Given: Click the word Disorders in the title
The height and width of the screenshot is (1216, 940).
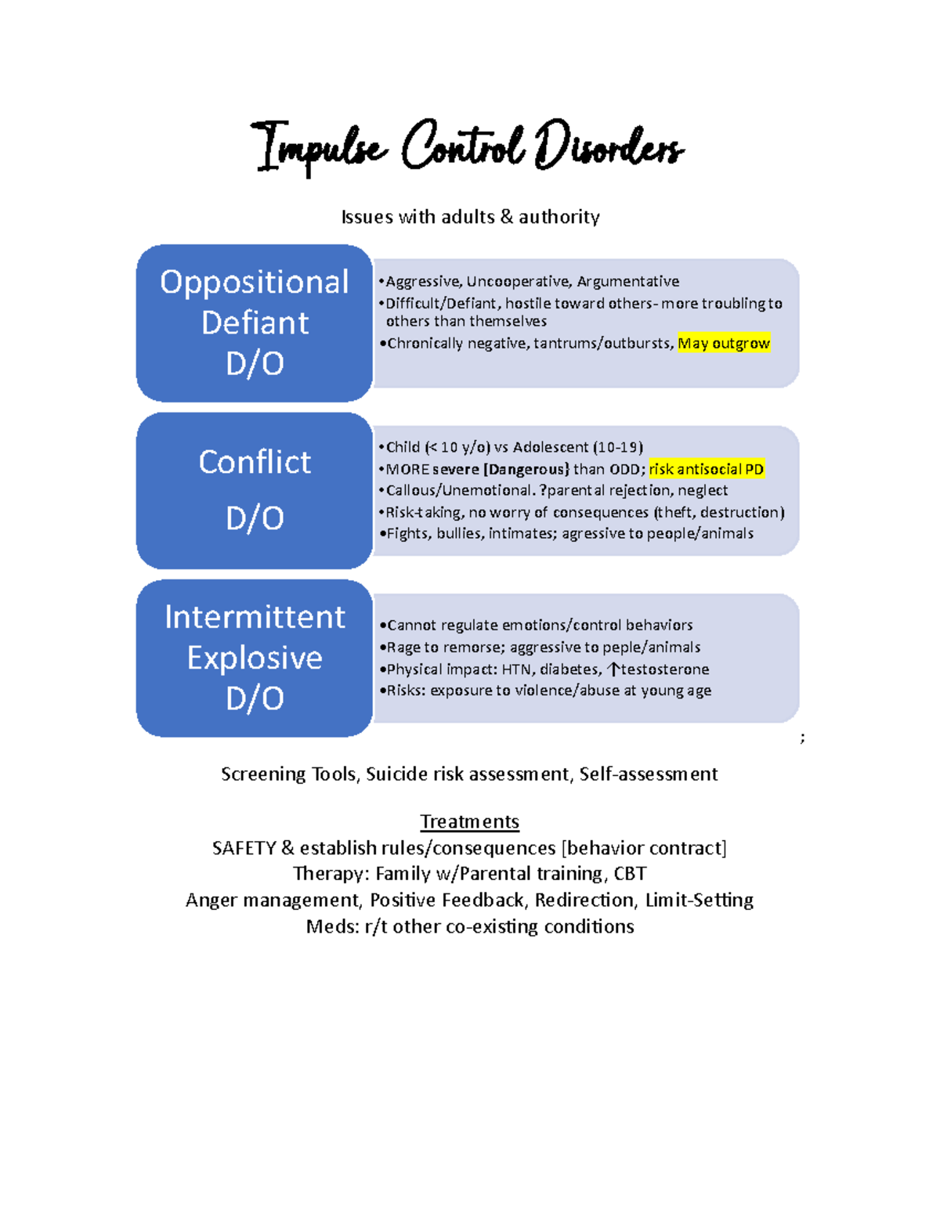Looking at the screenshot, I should coord(609,146).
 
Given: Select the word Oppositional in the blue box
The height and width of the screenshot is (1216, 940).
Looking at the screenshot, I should coord(255,282).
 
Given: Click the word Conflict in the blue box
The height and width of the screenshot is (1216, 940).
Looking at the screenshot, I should coord(255,462).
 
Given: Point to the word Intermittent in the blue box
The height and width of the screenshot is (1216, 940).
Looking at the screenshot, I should coord(255,617).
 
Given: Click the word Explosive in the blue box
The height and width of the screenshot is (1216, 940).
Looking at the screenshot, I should coord(255,658).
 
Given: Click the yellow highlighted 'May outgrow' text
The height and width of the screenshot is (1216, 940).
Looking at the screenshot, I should coord(724,343).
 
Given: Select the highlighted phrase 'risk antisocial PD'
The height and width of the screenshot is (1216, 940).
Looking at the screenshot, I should coord(707,469).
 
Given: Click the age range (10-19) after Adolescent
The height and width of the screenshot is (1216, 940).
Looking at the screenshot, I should coord(618,447).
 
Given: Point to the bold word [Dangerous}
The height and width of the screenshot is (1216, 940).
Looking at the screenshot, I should coord(526,469).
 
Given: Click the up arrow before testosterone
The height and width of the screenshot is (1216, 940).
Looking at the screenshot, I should coord(614,669).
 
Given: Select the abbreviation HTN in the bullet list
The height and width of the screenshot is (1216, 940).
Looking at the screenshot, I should coord(516,669).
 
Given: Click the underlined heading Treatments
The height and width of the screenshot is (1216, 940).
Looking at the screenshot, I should coord(469,821).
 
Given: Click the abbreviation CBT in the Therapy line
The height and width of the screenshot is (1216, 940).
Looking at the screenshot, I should coord(630,874).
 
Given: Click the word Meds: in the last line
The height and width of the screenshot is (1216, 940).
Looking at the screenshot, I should coord(332,927).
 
